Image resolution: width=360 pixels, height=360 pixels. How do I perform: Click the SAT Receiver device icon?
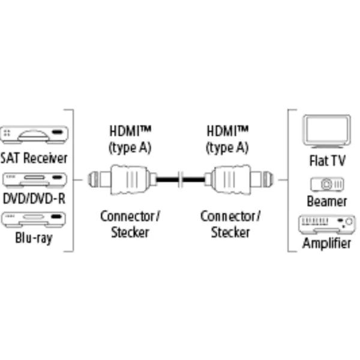click(34, 135)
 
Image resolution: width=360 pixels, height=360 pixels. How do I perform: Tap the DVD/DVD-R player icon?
click(34, 179)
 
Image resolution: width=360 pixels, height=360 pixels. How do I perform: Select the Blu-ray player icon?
click(34, 220)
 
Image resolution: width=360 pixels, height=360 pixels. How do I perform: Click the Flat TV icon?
click(327, 131)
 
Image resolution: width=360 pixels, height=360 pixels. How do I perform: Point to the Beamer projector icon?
click(327, 184)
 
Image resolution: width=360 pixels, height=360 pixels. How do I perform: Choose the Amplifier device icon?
click(327, 224)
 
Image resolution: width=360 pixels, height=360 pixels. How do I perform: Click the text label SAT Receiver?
click(34, 158)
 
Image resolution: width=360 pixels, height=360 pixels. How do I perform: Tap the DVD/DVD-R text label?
click(34, 199)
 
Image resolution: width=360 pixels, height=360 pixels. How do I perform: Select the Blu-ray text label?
click(34, 238)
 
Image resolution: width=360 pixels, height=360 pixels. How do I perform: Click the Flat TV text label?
click(328, 160)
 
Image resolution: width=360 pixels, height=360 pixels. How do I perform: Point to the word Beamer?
click(327, 202)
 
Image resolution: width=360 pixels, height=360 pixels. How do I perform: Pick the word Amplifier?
click(327, 243)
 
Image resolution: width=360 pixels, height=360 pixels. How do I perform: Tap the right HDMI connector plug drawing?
click(239, 179)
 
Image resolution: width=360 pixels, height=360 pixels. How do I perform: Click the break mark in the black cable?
click(181, 179)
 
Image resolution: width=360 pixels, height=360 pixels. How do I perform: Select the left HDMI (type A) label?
click(130, 139)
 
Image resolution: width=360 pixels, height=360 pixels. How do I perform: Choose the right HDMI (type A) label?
click(227, 139)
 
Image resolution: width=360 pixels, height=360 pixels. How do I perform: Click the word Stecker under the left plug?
click(130, 232)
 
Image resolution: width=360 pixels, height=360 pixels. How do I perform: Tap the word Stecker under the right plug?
click(230, 232)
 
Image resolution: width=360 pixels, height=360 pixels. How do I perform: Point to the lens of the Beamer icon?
click(326, 184)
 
